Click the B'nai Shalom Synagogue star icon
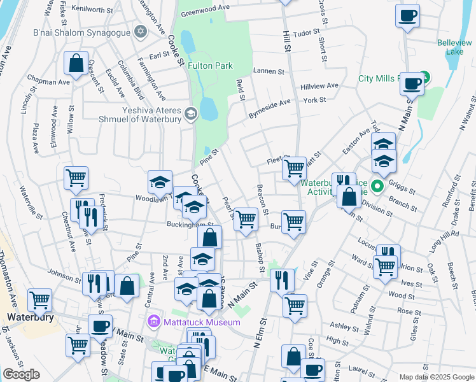140,31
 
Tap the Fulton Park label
210,66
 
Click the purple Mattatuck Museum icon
153,322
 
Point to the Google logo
21,374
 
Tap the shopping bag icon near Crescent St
76,64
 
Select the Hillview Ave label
320,86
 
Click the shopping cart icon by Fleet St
294,168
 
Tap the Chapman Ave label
48,82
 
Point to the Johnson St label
64,275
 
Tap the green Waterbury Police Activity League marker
377,187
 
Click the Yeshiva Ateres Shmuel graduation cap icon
190,114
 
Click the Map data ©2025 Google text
436,377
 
